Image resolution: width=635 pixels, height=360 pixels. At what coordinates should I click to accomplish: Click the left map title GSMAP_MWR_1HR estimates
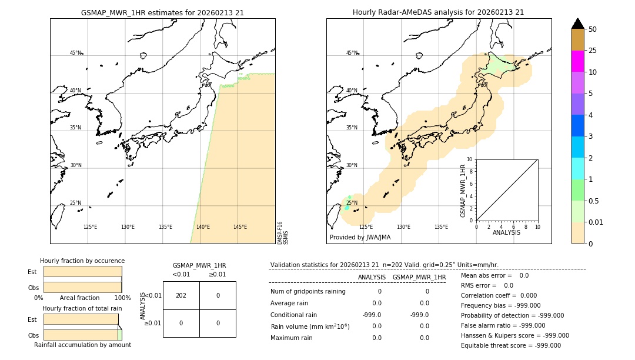tap(162, 12)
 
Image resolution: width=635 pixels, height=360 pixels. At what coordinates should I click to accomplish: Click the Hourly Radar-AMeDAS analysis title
tap(438, 12)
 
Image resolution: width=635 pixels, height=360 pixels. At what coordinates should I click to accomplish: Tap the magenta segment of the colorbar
tap(577, 61)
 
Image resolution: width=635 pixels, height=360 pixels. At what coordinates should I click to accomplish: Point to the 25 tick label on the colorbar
tap(593, 51)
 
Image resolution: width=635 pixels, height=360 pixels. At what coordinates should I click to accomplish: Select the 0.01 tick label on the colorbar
tap(596, 222)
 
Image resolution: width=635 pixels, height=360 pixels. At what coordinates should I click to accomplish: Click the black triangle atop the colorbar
tap(577, 24)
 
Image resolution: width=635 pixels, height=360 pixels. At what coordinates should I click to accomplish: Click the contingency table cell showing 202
tap(181, 295)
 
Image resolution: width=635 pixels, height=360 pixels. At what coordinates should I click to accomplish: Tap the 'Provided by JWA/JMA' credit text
tap(360, 238)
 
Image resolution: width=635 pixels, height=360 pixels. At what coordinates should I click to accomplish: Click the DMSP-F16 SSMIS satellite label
tap(282, 233)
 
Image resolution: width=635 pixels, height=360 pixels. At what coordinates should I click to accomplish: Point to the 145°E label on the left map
tap(240, 227)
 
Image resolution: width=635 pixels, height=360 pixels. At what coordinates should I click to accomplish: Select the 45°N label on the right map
tap(352, 54)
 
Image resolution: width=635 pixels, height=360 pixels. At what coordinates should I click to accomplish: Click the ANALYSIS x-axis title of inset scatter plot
tap(507, 232)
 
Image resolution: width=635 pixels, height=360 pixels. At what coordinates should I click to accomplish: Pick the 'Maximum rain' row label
tap(292, 338)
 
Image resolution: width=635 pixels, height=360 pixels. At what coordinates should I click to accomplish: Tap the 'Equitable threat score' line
tap(510, 345)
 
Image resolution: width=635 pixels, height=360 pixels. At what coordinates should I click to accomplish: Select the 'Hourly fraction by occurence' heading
tap(82, 261)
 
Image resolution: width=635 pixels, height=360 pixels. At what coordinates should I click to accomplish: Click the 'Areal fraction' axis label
tap(80, 298)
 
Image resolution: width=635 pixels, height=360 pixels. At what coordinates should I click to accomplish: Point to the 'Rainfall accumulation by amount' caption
tap(82, 345)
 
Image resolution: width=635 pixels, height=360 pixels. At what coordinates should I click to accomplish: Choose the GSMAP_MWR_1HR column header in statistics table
tap(419, 277)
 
